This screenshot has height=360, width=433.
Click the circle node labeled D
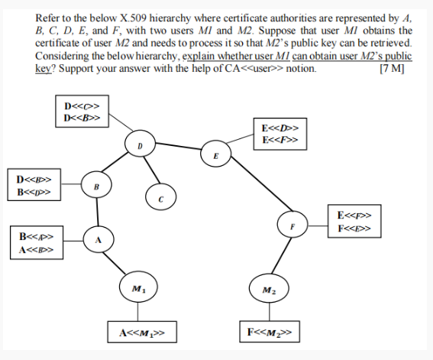coord(140,144)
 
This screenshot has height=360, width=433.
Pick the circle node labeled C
coord(161,197)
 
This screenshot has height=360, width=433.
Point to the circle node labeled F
coord(291,226)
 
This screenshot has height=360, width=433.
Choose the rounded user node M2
coord(270,290)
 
